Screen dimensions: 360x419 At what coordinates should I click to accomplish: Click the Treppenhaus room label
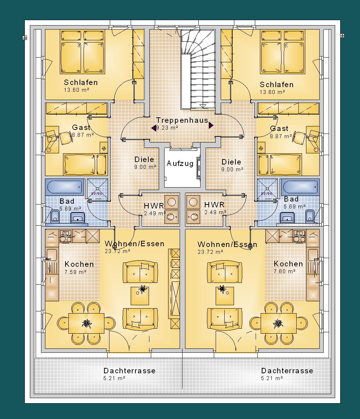click(x=182, y=121)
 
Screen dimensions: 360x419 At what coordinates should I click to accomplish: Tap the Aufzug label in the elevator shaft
click(x=180, y=163)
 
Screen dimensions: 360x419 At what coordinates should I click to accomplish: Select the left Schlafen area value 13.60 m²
click(x=76, y=90)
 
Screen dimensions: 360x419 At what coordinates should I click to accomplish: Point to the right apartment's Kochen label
click(x=288, y=264)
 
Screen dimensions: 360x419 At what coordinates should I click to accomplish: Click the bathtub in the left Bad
click(x=65, y=187)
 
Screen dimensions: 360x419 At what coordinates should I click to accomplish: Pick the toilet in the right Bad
click(x=310, y=216)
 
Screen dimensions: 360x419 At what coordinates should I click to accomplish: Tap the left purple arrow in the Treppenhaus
click(x=154, y=128)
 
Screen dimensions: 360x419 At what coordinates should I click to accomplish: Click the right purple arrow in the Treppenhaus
click(x=211, y=125)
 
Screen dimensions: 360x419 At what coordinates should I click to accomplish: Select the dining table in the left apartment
click(x=86, y=323)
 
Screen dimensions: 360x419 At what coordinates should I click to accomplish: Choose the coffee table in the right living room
click(x=225, y=296)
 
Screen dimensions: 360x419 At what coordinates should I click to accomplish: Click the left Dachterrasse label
click(x=129, y=371)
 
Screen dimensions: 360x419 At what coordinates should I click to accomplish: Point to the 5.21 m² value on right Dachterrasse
click(x=272, y=378)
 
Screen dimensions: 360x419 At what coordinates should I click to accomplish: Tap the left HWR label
click(x=154, y=206)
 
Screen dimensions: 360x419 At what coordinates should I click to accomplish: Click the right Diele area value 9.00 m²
click(x=232, y=170)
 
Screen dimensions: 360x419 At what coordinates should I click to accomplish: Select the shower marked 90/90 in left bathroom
click(x=97, y=189)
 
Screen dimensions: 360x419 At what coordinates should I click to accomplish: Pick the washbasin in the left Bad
click(x=77, y=217)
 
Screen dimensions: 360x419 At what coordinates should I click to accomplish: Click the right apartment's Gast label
click(x=279, y=129)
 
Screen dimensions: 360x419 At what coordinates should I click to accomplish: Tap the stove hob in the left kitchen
click(x=66, y=236)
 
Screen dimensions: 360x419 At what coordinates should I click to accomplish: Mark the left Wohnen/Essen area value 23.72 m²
click(x=117, y=251)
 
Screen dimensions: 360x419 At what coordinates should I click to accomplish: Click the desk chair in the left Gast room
click(x=65, y=138)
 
